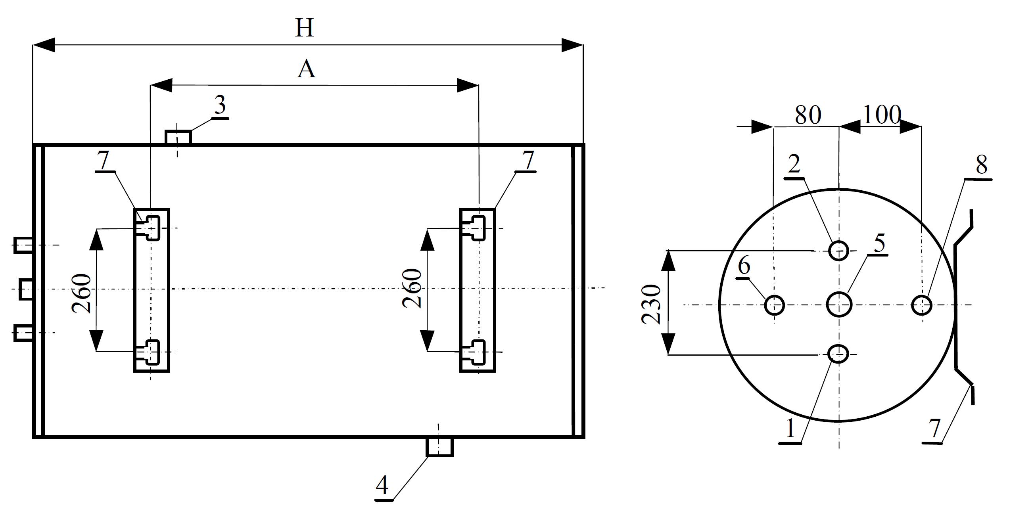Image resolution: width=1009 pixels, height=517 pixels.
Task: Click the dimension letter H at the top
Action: coord(305,29)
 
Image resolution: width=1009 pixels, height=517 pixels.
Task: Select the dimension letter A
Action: coord(306,70)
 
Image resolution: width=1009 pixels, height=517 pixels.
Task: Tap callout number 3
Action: coord(220,105)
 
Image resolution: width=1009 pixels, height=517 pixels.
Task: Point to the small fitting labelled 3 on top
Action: coord(178,137)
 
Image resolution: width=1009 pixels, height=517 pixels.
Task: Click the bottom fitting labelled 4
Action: coord(439,447)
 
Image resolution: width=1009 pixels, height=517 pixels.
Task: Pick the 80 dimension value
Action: coord(808,115)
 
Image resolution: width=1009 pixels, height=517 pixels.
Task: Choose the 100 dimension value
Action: coord(881,115)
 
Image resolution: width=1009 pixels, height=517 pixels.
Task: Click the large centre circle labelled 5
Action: coord(839,305)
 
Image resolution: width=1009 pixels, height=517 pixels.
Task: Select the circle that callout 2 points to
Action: coord(838,251)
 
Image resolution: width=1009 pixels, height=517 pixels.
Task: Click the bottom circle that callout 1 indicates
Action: coord(838,354)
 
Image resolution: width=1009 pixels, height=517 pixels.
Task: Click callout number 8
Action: coord(981,165)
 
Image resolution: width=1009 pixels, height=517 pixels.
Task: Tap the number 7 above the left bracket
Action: coord(104,161)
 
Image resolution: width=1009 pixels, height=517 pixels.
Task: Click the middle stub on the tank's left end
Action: coord(26,289)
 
